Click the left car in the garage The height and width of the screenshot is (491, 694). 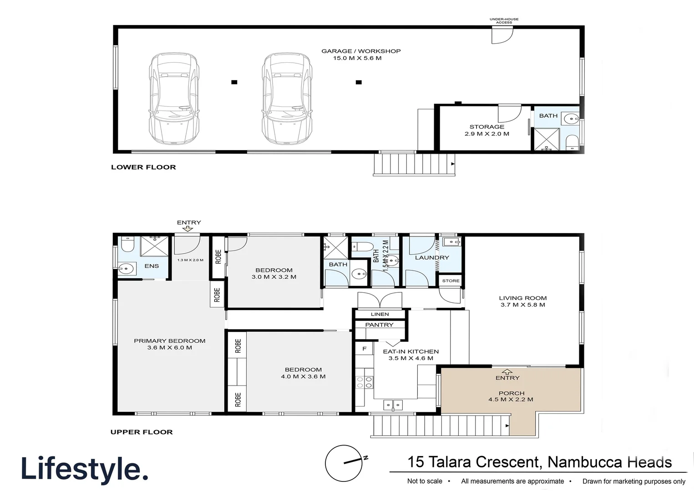click(174, 99)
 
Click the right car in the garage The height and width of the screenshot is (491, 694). click(287, 99)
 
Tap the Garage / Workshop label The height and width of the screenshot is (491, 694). click(360, 55)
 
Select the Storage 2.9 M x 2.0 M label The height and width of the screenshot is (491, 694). click(486, 130)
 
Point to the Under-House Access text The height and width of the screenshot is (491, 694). click(504, 21)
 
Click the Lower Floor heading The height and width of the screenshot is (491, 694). click(143, 167)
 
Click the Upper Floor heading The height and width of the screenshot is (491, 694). click(142, 432)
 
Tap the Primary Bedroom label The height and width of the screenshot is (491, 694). click(169, 344)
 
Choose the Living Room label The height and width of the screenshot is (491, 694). click(522, 301)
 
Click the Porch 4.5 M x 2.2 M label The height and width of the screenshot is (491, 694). click(511, 396)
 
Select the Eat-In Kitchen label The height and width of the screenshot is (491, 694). click(410, 355)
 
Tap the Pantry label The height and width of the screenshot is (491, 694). click(379, 325)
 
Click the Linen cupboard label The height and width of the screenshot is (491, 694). click(380, 314)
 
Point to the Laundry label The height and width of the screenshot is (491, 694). click(431, 258)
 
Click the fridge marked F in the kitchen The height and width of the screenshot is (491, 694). click(364, 349)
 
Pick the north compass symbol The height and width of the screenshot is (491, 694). click(344, 463)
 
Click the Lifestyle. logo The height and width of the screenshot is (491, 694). click(85, 470)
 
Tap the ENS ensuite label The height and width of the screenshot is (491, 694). click(152, 266)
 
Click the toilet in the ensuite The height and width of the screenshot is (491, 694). click(127, 245)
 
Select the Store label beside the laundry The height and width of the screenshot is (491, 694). click(451, 281)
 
